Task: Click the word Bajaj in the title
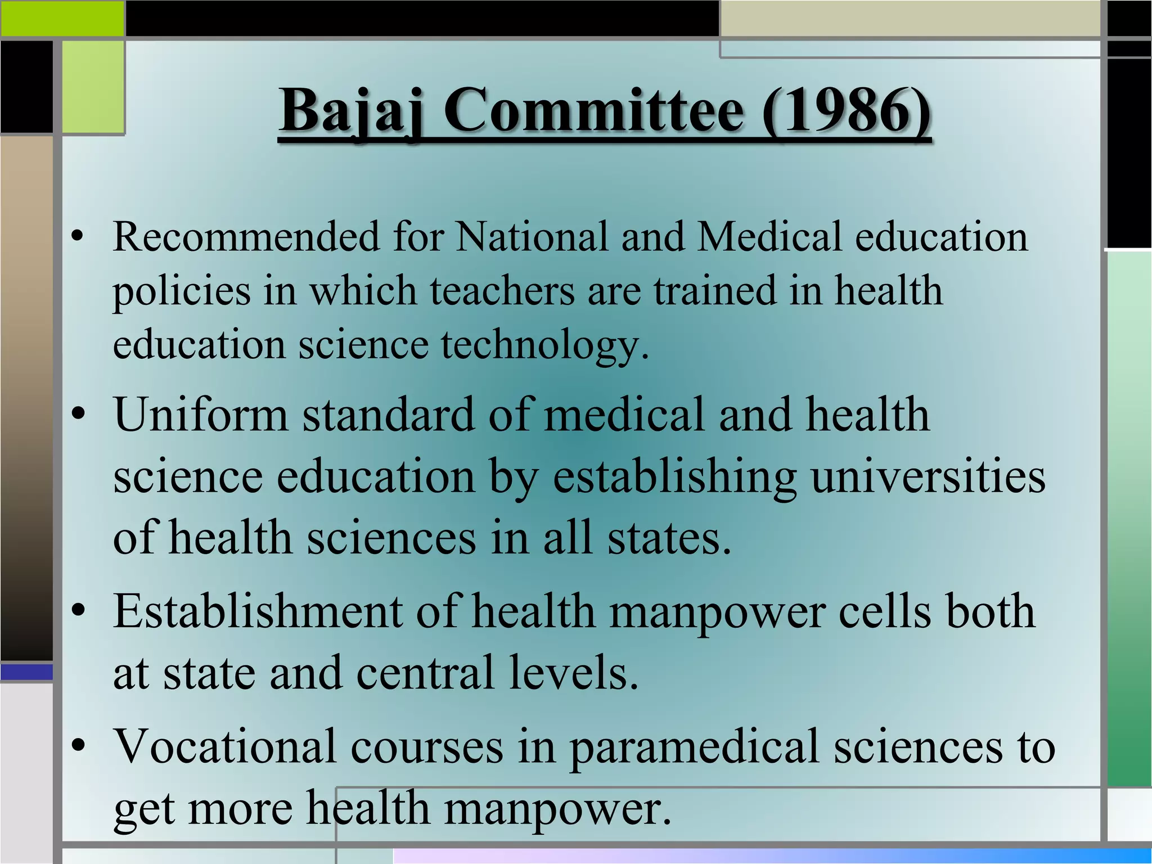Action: click(352, 111)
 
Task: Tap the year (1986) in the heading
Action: click(846, 111)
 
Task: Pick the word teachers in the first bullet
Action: click(502, 291)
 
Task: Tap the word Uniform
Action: click(201, 415)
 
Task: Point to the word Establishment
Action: click(258, 611)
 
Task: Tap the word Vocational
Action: click(225, 747)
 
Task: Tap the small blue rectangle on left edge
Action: click(26, 672)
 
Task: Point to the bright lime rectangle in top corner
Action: click(62, 18)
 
